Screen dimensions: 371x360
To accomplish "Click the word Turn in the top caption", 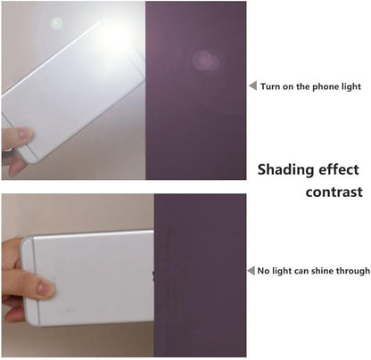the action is coord(269,86).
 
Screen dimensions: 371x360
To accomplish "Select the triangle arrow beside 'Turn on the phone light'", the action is coord(252,86).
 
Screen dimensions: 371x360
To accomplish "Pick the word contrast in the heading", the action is coord(334,192).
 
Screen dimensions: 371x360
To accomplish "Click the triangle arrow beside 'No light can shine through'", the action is coord(251,271).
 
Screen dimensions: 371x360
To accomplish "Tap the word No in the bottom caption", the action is coord(263,271).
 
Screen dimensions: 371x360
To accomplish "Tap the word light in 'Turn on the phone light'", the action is coord(351,87).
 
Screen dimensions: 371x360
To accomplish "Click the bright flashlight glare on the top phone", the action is coord(114,38).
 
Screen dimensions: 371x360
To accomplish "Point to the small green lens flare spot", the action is coord(56,23).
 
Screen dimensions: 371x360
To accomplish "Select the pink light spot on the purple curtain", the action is coord(206,61).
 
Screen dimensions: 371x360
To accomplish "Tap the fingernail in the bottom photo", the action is coord(45,288).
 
